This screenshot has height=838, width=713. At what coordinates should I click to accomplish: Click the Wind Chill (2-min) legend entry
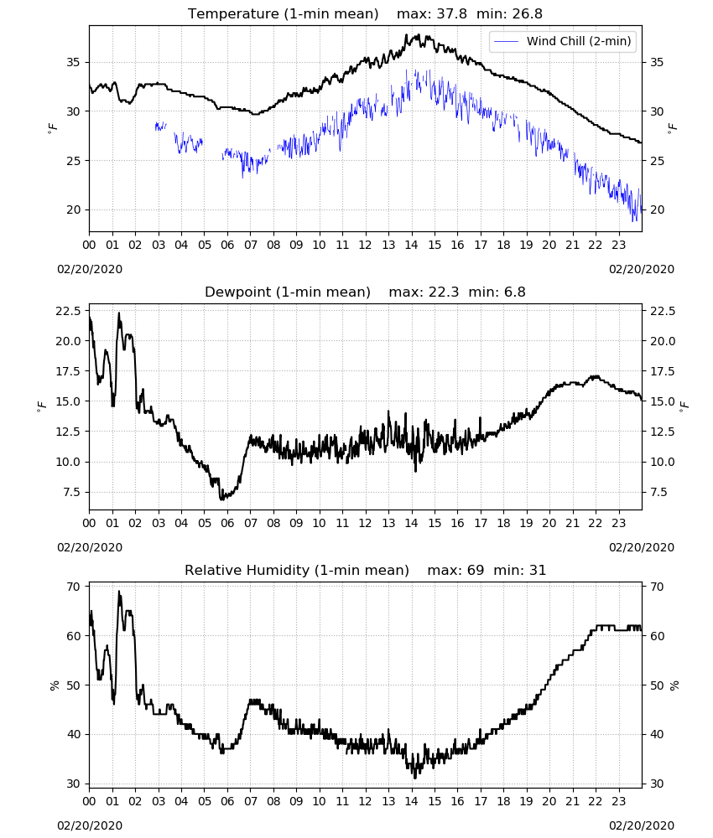pos(563,41)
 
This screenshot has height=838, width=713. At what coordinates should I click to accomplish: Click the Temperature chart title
pos(283,14)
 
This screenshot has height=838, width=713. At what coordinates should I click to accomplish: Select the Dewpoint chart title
pos(288,292)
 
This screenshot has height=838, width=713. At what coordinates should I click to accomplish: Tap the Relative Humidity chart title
pos(297,570)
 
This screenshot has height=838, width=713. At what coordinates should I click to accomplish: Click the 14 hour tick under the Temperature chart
pos(411,245)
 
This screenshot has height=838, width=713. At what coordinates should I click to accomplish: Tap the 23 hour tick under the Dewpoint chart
pos(618,523)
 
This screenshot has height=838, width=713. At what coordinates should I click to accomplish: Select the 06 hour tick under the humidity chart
pos(227,801)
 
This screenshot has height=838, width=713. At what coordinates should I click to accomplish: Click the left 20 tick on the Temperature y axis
pos(73,210)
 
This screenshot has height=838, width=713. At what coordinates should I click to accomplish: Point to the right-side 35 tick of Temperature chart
pos(657,63)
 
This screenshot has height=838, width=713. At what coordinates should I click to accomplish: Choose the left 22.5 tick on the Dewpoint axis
pos(68,311)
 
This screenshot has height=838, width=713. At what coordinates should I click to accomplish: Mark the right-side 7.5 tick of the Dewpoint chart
pos(659,492)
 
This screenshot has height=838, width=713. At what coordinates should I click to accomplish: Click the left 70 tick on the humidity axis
pos(73,587)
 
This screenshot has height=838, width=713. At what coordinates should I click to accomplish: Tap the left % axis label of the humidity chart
pos(54,685)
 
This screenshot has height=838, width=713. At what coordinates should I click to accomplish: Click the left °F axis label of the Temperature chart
pos(52,128)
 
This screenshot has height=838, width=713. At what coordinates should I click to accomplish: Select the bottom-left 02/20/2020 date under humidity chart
pos(90,825)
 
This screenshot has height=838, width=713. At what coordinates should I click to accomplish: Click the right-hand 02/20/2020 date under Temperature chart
pos(642,269)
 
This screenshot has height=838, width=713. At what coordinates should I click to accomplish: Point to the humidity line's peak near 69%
pos(119,591)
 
